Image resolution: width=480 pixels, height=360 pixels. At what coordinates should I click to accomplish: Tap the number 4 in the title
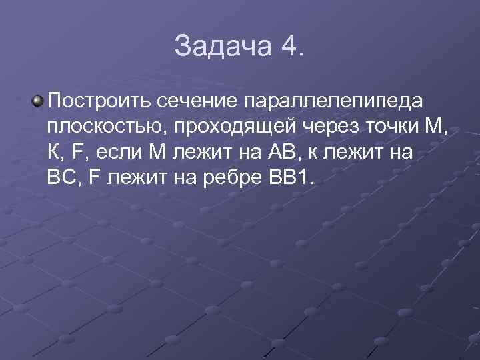coord(287,47)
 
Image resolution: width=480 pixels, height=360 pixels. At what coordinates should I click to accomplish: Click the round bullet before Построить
coord(38,101)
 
